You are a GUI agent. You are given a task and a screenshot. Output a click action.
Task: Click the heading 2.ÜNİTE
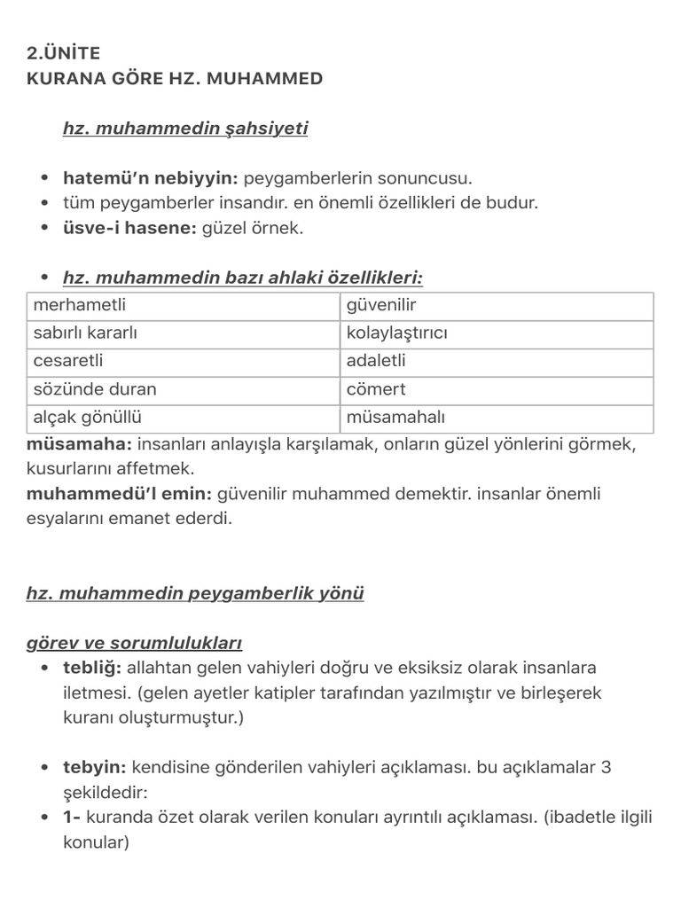(x=64, y=53)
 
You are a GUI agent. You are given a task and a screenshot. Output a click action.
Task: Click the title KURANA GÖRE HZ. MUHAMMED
(x=175, y=79)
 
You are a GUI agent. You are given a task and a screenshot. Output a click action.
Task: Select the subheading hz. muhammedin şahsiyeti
(x=185, y=129)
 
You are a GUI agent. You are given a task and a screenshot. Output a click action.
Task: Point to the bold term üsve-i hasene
(x=129, y=228)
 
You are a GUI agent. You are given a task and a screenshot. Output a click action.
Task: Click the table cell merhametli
(x=80, y=306)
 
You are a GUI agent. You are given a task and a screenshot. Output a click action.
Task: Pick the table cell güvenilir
(x=381, y=306)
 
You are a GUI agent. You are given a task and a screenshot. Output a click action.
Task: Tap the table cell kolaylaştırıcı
(x=397, y=334)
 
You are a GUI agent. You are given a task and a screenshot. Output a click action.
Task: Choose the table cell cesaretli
(x=69, y=362)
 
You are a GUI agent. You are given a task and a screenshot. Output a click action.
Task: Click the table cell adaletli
(x=376, y=362)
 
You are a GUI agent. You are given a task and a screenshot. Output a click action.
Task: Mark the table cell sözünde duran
(x=95, y=389)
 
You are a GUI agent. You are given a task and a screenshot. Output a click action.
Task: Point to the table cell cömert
(x=376, y=389)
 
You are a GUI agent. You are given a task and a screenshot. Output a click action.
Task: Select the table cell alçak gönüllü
(x=88, y=418)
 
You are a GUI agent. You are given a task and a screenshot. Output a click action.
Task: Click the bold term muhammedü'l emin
(x=119, y=494)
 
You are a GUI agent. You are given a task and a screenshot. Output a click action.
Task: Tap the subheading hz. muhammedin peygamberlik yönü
(x=195, y=593)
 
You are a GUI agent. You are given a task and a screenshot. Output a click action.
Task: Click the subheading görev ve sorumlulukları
(x=134, y=643)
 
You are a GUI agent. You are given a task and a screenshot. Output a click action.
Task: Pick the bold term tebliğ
(x=92, y=668)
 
